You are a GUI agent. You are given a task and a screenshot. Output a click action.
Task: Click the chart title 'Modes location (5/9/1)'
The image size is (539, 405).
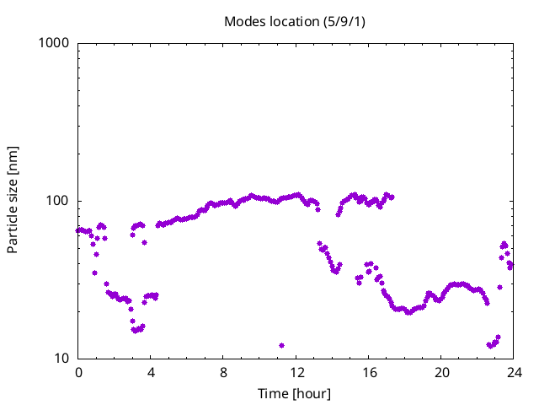click(295, 22)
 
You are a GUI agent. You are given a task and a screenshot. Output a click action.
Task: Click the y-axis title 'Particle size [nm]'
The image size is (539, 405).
click(13, 200)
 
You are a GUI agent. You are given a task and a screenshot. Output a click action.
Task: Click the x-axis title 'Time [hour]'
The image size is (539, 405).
click(294, 394)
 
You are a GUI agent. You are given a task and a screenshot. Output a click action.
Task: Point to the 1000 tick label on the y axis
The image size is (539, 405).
click(54, 43)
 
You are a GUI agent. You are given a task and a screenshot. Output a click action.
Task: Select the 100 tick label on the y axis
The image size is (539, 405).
click(57, 201)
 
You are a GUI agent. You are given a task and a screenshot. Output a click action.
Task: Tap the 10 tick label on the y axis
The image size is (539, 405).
click(61, 359)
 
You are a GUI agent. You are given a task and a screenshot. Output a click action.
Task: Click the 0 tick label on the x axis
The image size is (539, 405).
click(78, 373)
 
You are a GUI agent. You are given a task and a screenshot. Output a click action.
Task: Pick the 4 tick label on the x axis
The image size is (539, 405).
click(151, 373)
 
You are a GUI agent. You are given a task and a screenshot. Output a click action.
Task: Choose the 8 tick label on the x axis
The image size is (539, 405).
click(223, 373)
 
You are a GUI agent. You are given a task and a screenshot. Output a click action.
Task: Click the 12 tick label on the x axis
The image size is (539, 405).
click(296, 373)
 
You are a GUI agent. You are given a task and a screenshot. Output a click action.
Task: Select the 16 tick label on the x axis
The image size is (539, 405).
click(369, 373)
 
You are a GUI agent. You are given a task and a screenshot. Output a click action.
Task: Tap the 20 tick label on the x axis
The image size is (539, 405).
click(441, 373)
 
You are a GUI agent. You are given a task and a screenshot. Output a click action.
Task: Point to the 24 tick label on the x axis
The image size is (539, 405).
click(514, 373)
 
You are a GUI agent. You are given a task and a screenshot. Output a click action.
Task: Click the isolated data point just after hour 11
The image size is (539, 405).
click(281, 345)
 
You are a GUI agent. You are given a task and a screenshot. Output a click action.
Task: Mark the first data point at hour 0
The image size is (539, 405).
click(78, 230)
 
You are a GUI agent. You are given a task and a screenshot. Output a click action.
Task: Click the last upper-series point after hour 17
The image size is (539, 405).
click(392, 197)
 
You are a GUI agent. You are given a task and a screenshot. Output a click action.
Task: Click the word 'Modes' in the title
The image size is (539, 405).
click(245, 22)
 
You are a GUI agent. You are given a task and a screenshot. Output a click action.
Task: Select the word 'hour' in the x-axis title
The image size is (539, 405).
click(312, 394)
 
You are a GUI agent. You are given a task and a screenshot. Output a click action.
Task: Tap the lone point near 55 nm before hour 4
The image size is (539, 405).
click(144, 242)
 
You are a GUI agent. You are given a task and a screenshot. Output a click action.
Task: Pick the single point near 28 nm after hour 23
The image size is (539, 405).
click(499, 287)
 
